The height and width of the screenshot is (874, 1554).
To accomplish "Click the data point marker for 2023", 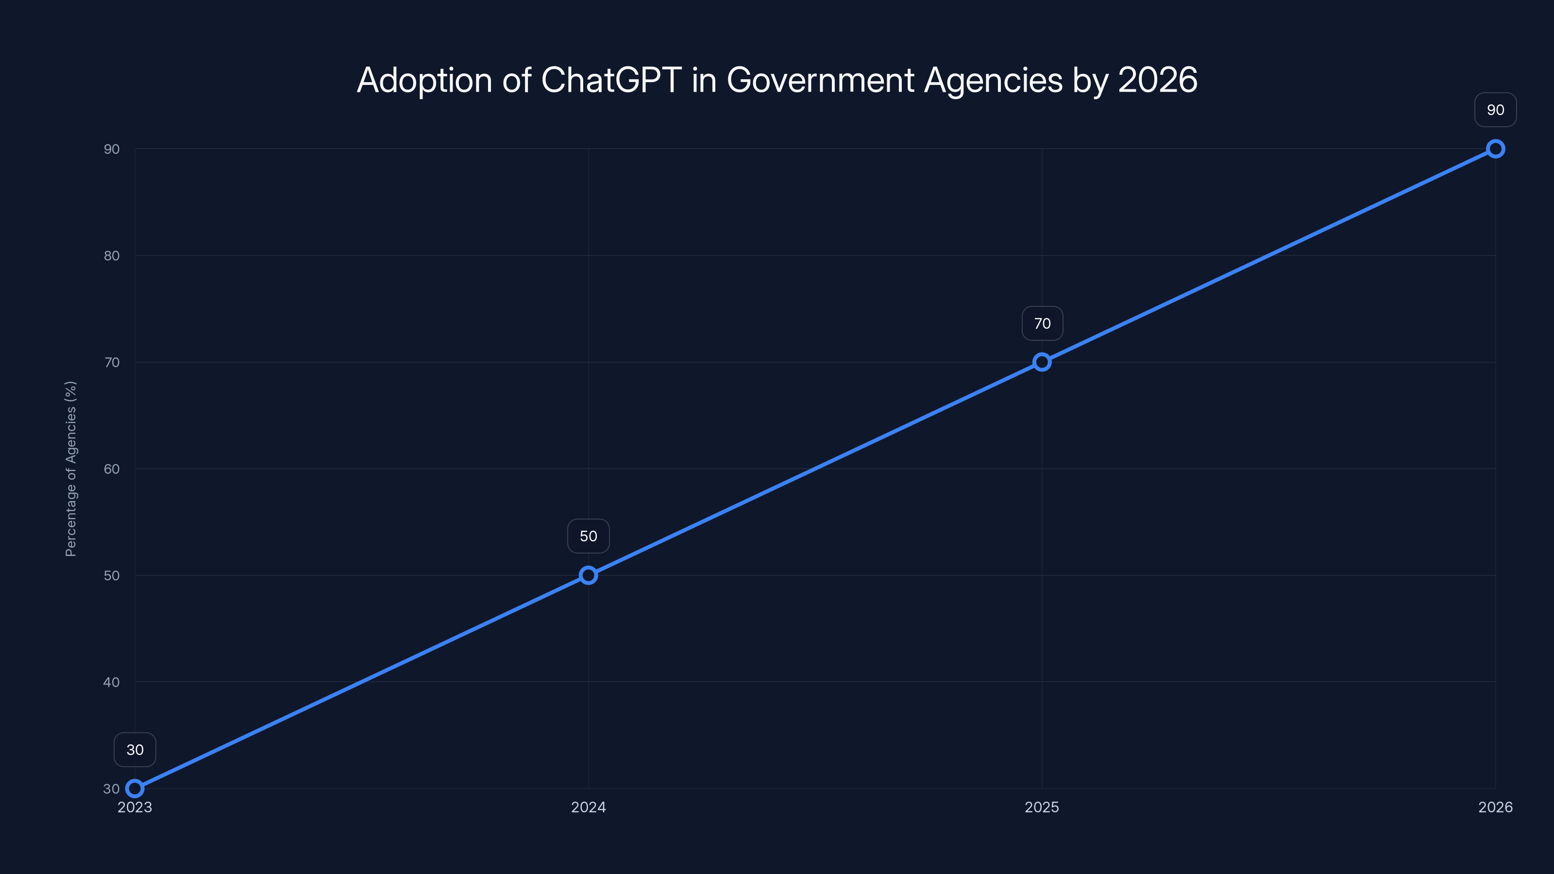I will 135,789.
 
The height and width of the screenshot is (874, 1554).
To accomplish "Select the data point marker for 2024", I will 588,575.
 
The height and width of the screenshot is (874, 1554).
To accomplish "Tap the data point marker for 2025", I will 1042,362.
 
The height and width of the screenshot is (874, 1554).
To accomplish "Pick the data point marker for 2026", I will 1496,149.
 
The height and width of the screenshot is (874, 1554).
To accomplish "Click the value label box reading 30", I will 135,750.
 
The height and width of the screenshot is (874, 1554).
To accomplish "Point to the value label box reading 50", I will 588,536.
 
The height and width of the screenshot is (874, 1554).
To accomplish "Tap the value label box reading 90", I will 1496,110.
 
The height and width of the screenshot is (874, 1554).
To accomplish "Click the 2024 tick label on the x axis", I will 588,807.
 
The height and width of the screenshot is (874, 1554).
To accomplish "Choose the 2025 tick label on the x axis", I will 1042,807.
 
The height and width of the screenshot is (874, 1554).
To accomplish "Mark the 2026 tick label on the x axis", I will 1496,807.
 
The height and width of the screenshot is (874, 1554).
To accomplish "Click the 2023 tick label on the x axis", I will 135,807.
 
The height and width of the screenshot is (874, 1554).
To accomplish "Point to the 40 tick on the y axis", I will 112,682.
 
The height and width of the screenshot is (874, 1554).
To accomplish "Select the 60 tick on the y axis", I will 112,469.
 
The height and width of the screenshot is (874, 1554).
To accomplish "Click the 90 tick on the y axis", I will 112,149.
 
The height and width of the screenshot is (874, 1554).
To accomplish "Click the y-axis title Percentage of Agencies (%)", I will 70,469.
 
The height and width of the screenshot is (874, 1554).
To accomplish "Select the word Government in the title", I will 820,80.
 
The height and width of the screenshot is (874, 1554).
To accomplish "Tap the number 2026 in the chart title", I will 1157,80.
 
